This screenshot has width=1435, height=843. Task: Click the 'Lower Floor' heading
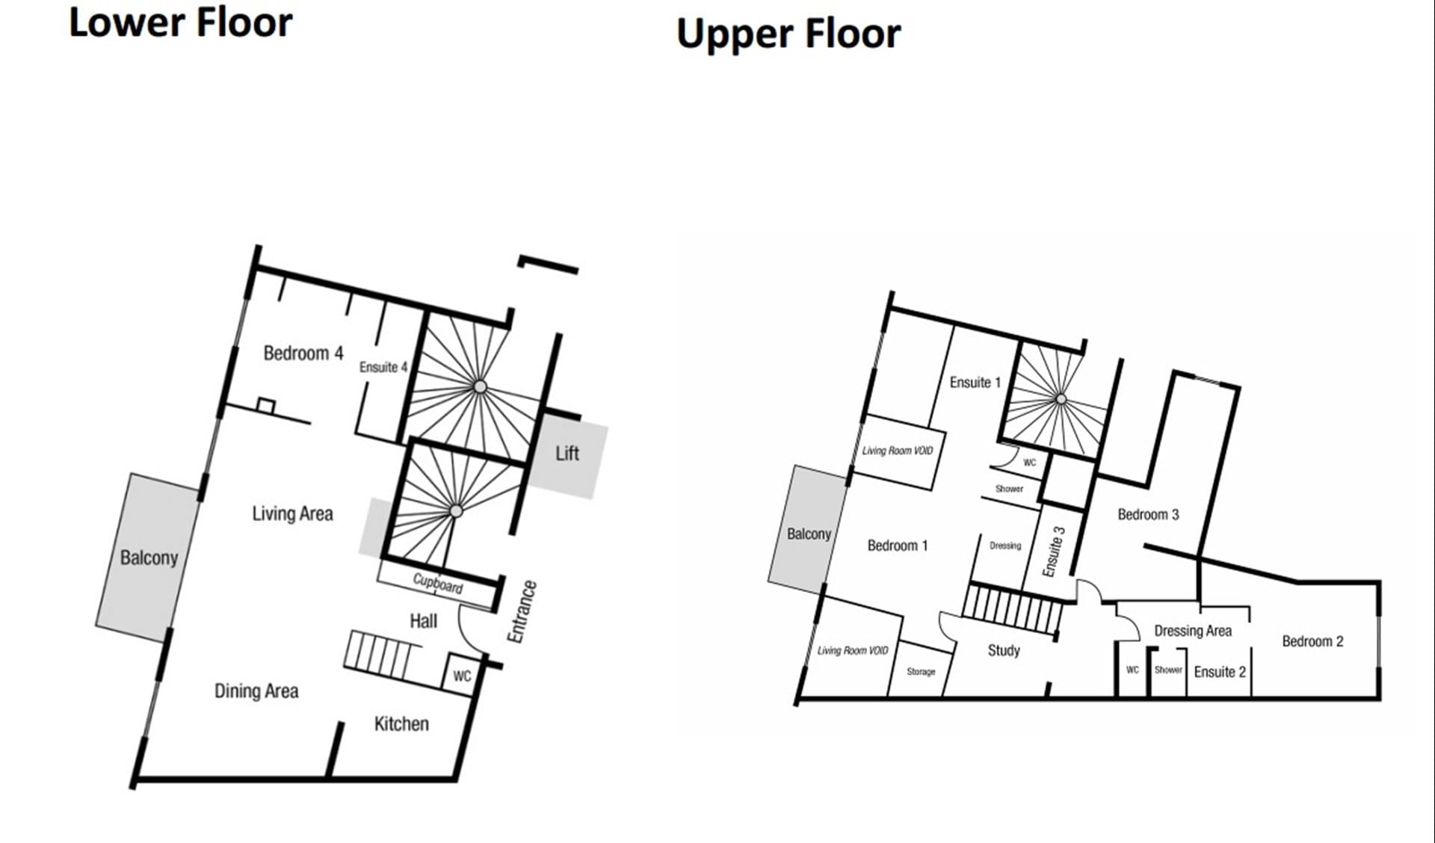tap(180, 22)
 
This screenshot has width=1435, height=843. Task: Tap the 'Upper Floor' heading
tap(789, 34)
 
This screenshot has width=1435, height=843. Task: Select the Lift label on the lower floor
tap(567, 453)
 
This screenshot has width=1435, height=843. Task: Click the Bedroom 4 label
tap(303, 353)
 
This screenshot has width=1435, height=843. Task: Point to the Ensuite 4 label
tap(383, 367)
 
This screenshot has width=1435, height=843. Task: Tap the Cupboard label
tap(438, 583)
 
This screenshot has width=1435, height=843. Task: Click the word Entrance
tap(522, 611)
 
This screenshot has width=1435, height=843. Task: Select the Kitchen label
tap(401, 723)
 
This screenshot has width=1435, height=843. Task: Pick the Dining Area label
tap(256, 691)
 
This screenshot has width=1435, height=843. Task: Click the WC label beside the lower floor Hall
tap(462, 676)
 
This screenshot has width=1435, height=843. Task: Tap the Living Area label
tap(292, 513)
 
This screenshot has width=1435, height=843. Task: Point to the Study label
tap(1004, 650)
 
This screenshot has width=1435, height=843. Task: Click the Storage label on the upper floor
tap(921, 672)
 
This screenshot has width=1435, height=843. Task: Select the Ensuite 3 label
tap(1054, 552)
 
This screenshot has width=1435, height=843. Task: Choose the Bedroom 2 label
tap(1312, 641)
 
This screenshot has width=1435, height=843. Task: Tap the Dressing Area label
tap(1193, 631)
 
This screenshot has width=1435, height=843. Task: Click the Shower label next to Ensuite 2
tap(1168, 670)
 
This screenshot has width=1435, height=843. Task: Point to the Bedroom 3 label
tap(1148, 514)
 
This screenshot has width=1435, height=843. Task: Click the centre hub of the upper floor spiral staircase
tap(1061, 399)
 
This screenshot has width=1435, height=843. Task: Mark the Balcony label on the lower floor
tap(149, 558)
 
